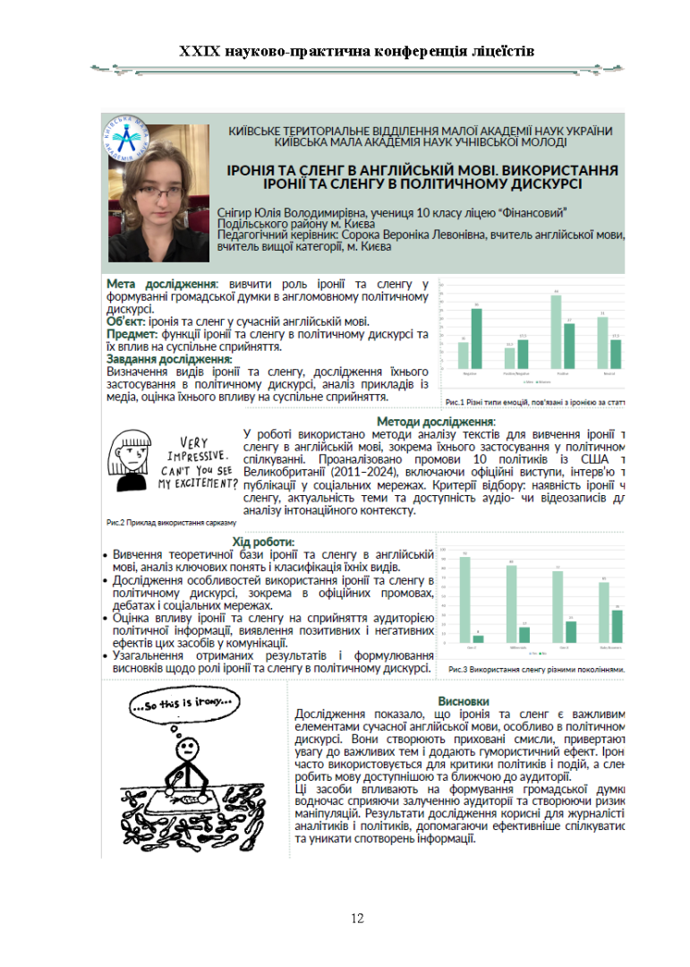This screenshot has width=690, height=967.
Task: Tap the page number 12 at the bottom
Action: [357, 918]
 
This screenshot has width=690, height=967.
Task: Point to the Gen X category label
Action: [563, 646]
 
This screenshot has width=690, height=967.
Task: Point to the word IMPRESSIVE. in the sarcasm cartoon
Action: [192, 456]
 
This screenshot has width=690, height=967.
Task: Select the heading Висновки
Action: [463, 700]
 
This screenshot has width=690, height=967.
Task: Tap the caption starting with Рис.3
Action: [535, 668]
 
